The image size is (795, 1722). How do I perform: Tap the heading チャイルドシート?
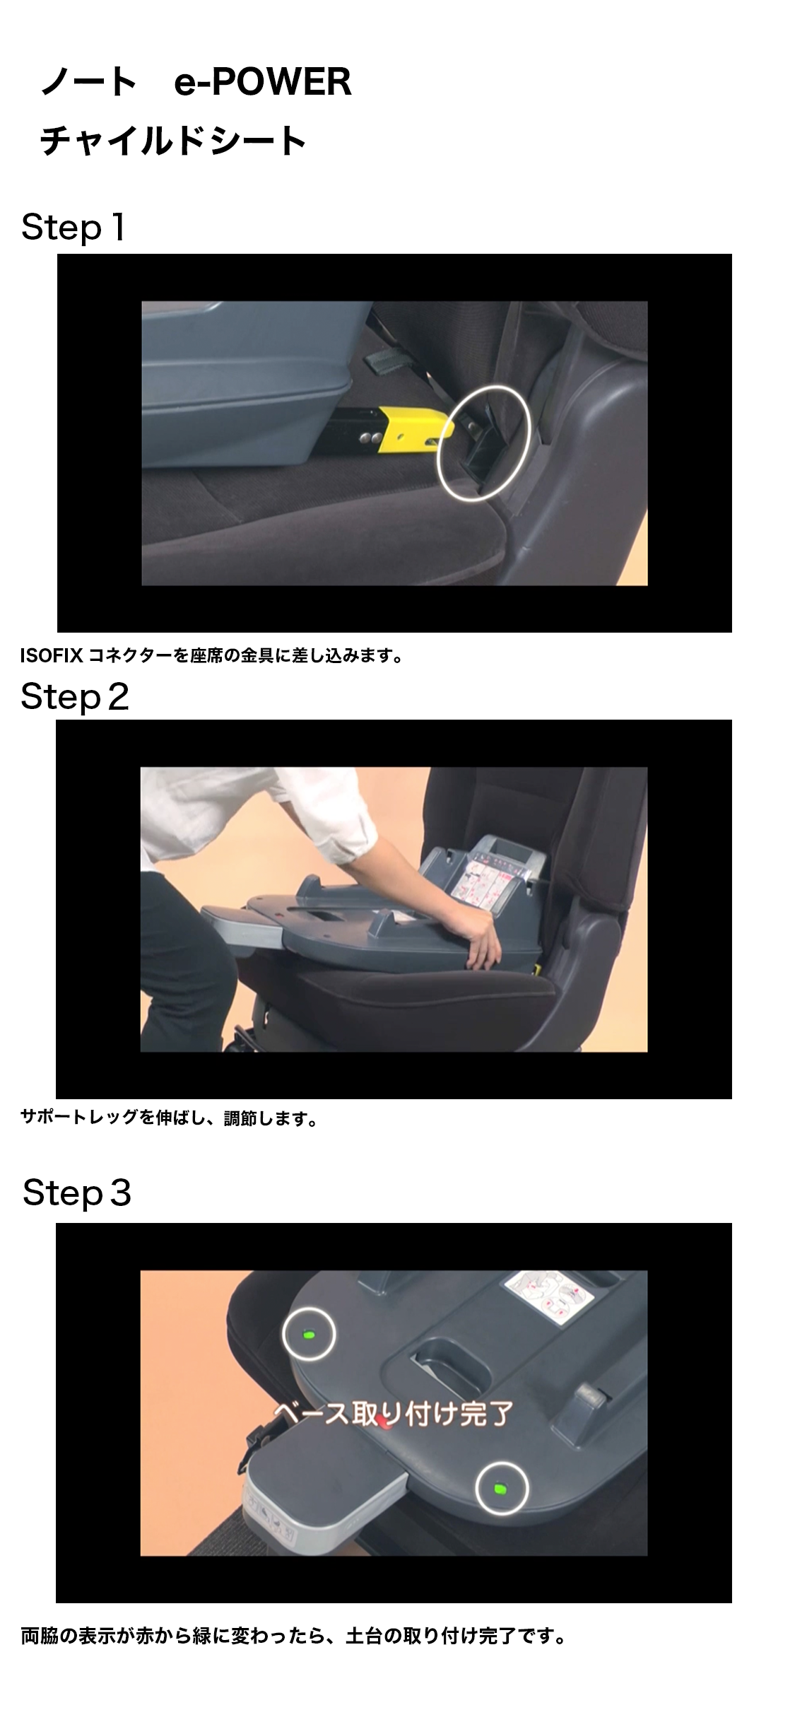coord(172,140)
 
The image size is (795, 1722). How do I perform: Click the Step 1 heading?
coord(73,228)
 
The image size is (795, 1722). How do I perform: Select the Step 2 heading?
coord(75,697)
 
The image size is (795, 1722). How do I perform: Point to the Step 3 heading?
coord(77,1193)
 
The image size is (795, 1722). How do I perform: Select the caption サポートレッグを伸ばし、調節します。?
coord(170,1118)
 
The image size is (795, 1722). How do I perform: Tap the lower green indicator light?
coord(501,1488)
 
